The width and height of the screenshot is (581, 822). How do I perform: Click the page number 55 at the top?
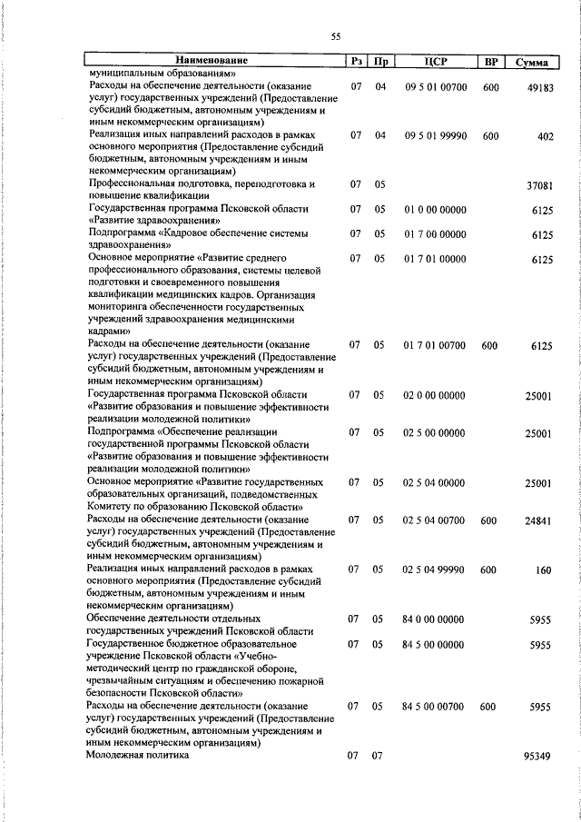coord(335,36)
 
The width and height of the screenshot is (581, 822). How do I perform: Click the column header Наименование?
coord(213,62)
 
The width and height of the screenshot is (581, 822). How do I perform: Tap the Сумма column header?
coord(531,63)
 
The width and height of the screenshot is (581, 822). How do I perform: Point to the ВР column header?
coord(490,62)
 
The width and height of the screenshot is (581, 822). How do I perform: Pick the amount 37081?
coord(539,185)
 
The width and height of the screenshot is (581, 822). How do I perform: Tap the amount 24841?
coord(539,520)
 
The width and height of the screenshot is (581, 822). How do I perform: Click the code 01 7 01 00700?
coord(435,345)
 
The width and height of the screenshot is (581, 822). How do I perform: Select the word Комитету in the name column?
coord(112,506)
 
